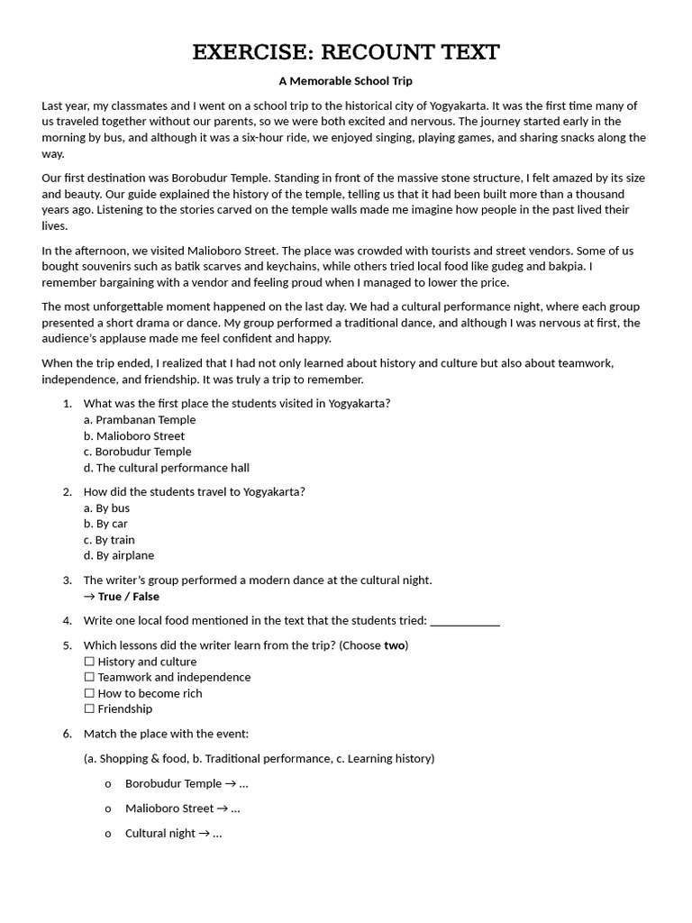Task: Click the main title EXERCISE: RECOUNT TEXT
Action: coord(346,52)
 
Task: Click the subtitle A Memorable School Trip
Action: coord(345,81)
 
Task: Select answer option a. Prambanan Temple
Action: coord(140,420)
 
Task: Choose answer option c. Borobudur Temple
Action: coord(137,452)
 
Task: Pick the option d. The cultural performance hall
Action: coord(167,468)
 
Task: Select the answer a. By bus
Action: coord(106,508)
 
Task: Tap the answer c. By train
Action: coord(109,540)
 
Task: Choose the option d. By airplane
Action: coord(119,555)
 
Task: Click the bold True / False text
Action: coord(128,597)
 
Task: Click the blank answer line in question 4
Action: coord(465,621)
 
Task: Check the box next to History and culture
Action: coord(89,662)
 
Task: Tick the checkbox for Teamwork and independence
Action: coord(89,677)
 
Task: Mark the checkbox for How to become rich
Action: coord(89,693)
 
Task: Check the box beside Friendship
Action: coord(89,708)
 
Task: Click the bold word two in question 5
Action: coord(394,645)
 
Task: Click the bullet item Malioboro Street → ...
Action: coord(182,809)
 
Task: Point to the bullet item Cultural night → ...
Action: coord(173,834)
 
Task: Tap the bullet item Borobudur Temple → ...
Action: coord(186,784)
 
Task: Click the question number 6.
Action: coord(68,734)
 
